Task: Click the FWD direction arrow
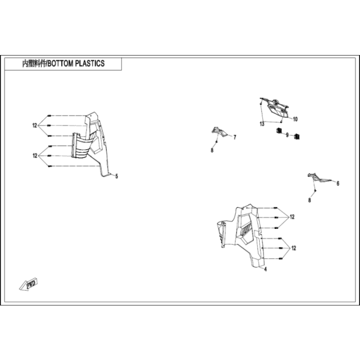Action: tap(28, 285)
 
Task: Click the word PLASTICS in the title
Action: tap(90, 63)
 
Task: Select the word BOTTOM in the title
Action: tap(60, 63)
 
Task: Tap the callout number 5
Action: tap(117, 176)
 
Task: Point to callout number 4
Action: tap(265, 269)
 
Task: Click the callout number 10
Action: tap(296, 119)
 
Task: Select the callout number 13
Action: tap(262, 124)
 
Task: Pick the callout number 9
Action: tap(287, 135)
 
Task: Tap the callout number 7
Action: tap(235, 137)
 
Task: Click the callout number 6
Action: tap(338, 184)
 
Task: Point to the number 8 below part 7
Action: tap(212, 150)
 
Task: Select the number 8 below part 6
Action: tap(310, 200)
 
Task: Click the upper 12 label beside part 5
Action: tap(34, 125)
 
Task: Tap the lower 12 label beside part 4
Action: tap(294, 248)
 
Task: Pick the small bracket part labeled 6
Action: tap(319, 177)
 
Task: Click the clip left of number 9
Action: tap(279, 131)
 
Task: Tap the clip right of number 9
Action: tap(297, 137)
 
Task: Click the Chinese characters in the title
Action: tap(34, 64)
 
